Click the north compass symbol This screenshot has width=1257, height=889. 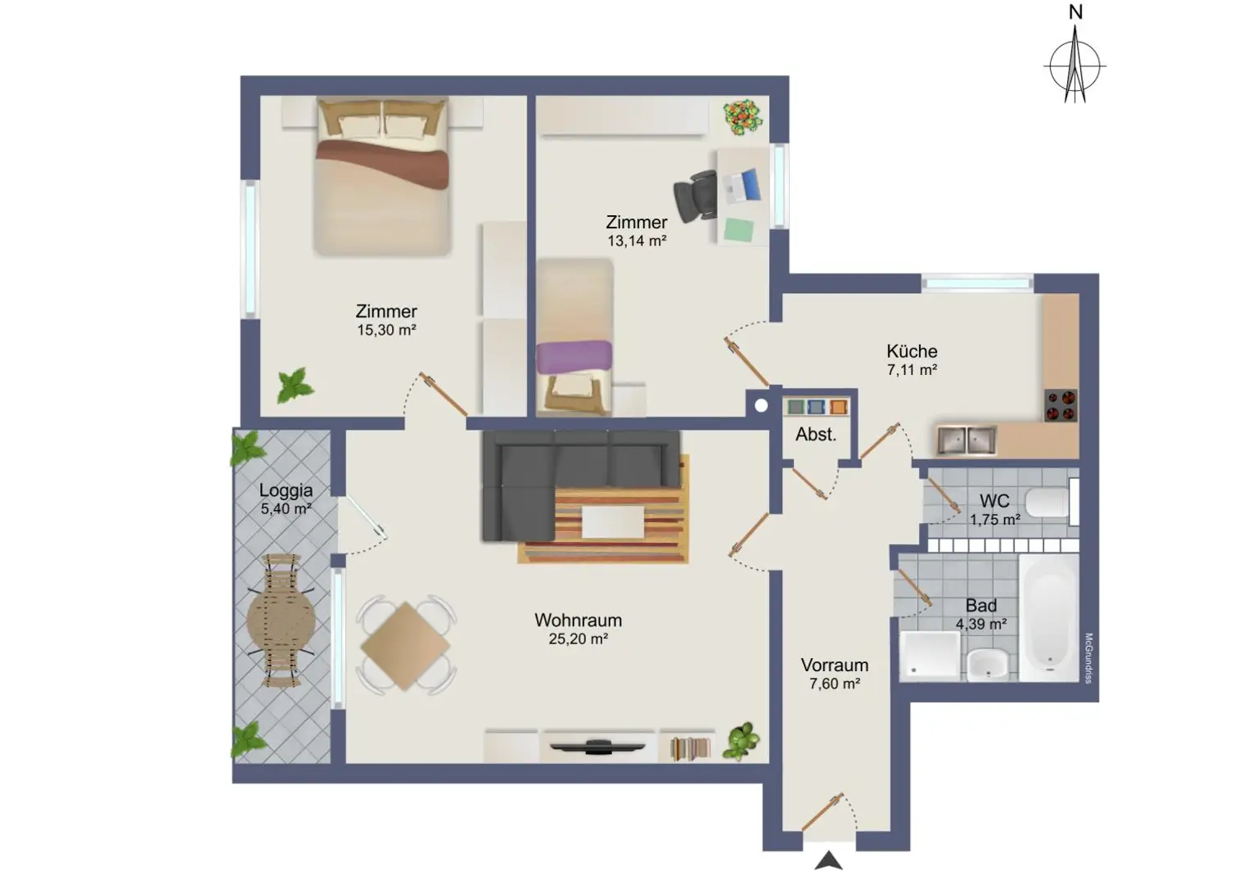click(1075, 65)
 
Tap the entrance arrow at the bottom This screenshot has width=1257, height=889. click(828, 860)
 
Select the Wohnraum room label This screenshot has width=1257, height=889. click(578, 620)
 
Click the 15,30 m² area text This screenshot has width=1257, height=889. click(386, 330)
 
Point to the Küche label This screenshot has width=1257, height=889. click(912, 351)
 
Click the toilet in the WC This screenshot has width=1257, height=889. click(1047, 502)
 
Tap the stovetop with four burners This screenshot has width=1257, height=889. click(1061, 405)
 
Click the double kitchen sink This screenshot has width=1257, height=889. click(966, 440)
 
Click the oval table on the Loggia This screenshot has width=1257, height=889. click(281, 620)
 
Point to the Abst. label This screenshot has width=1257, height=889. click(816, 435)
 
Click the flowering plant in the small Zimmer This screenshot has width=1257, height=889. click(743, 117)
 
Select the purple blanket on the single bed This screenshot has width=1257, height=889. click(574, 356)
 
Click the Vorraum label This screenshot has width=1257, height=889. click(834, 666)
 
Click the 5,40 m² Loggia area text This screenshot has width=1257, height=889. click(286, 508)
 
